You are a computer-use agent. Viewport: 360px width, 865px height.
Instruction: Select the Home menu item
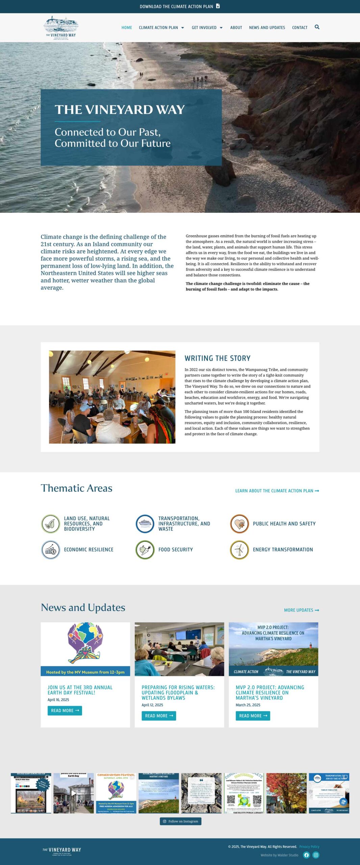[x=127, y=28]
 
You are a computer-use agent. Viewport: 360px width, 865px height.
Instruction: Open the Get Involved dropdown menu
[x=207, y=28]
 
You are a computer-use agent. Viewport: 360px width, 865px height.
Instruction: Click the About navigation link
[x=236, y=28]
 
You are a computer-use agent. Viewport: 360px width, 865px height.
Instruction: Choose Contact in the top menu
[x=300, y=28]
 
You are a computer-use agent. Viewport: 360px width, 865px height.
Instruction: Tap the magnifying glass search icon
[x=317, y=27]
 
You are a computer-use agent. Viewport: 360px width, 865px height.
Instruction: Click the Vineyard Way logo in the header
[x=61, y=28]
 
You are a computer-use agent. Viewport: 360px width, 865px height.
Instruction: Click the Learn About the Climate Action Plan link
[x=277, y=491]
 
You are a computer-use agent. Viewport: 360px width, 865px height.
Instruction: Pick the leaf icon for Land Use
[x=51, y=523]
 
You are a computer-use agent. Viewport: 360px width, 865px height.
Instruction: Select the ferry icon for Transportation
[x=145, y=523]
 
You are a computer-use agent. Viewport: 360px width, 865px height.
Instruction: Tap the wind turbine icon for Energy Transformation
[x=239, y=549]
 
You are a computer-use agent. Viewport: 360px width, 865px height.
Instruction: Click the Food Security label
[x=176, y=549]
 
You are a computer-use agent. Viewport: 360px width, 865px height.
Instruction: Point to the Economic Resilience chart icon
[x=51, y=549]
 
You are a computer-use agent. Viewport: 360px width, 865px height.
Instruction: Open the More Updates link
[x=301, y=610]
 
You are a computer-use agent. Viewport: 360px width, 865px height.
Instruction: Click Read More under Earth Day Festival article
[x=65, y=711]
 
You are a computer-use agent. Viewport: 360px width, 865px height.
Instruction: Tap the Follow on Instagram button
[x=180, y=821]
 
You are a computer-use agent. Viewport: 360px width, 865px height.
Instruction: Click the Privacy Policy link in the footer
[x=309, y=846]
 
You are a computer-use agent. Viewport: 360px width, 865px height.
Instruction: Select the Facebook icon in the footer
[x=306, y=855]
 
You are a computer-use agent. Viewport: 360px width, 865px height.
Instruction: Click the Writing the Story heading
[x=217, y=358]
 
